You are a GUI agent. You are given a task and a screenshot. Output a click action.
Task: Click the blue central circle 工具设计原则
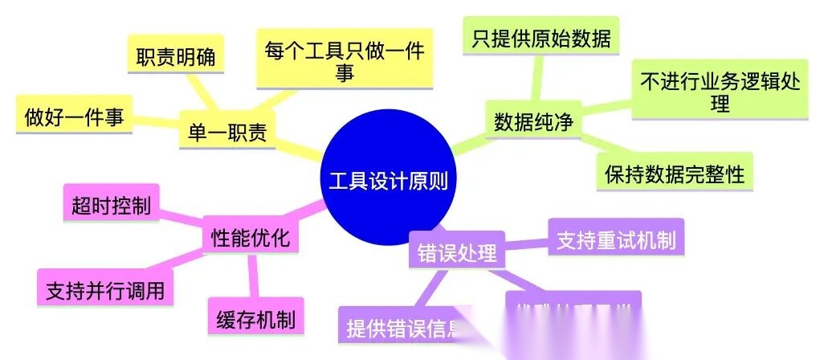point(388,179)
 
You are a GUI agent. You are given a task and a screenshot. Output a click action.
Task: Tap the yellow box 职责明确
point(175,59)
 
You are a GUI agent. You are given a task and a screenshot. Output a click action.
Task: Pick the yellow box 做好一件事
point(74,117)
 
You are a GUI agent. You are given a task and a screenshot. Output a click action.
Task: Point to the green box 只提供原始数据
point(541,37)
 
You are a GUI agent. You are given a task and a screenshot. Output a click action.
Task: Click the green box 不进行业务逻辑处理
point(719,90)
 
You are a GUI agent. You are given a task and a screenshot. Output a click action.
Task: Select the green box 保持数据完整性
point(675,172)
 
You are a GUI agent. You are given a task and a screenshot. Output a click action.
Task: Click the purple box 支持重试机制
point(616,239)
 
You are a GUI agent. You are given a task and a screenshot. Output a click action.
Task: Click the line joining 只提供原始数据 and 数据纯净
point(536,80)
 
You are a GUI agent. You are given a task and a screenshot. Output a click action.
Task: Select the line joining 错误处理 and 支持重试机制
point(526,244)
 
